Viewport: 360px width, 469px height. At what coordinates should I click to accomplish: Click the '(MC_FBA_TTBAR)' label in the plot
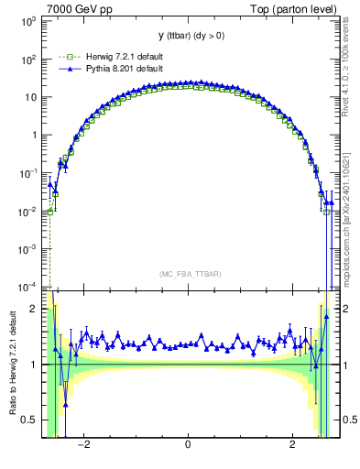[x=187, y=274]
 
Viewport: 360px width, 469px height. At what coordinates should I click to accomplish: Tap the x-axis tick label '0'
[x=188, y=444]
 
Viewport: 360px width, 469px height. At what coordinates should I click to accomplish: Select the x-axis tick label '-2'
[x=83, y=444]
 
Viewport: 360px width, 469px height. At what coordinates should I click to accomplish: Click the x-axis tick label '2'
[x=292, y=444]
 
